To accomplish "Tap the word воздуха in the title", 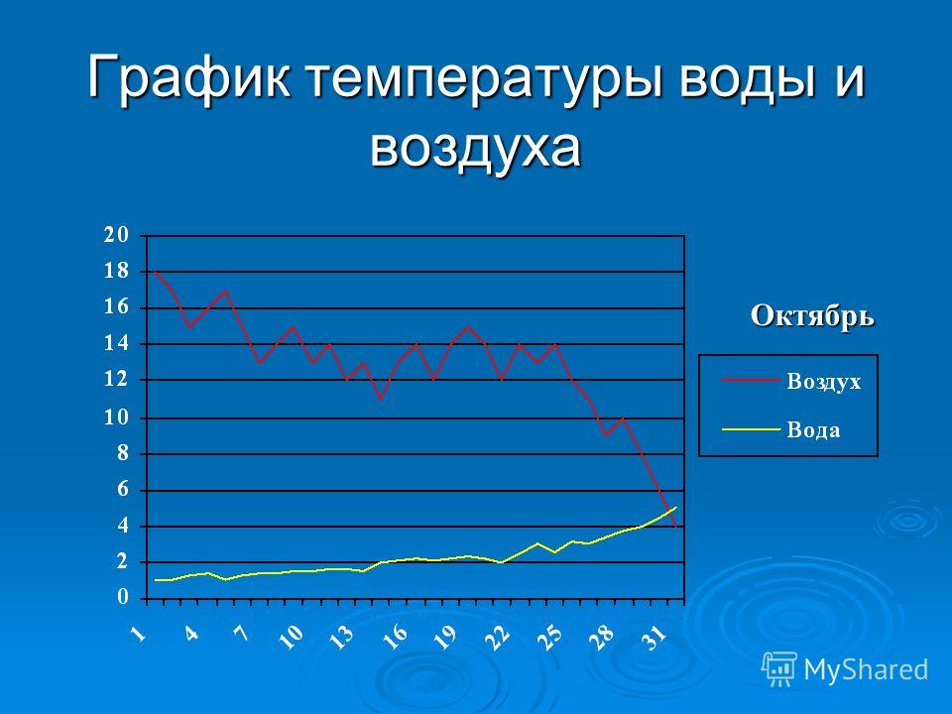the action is pyautogui.click(x=475, y=148).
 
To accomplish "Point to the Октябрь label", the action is pyautogui.click(x=812, y=316).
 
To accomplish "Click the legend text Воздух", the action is pyautogui.click(x=823, y=382).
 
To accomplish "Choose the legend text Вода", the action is pyautogui.click(x=813, y=429).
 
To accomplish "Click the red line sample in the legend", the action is pyautogui.click(x=751, y=380).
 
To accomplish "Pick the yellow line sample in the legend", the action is pyautogui.click(x=751, y=429).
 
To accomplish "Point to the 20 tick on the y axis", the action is pyautogui.click(x=117, y=235).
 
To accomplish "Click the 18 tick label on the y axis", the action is pyautogui.click(x=117, y=271).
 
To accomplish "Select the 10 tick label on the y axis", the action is pyautogui.click(x=117, y=417).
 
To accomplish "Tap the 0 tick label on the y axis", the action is pyautogui.click(x=123, y=597).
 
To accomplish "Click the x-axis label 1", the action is pyautogui.click(x=139, y=634).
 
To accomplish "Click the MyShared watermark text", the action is pyautogui.click(x=867, y=670).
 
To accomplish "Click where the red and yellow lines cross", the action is pyautogui.click(x=670, y=512).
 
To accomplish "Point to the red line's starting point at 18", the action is pyautogui.click(x=156, y=272).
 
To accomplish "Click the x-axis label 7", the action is pyautogui.click(x=242, y=634).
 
